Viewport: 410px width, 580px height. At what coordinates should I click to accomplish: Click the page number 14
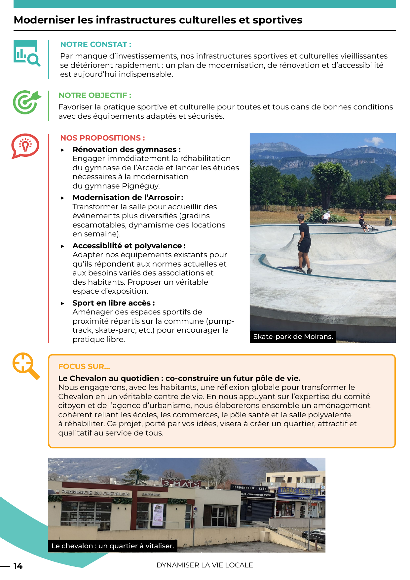coord(18,566)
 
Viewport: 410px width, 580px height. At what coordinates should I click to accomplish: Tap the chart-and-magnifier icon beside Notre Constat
coord(27,53)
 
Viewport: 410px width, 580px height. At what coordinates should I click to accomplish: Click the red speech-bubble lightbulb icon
coord(25,146)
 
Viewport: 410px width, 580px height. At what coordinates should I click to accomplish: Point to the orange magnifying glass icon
coord(26,366)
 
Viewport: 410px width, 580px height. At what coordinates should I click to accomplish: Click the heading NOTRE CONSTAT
coord(95,44)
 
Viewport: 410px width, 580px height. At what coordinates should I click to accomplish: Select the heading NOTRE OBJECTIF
coord(95,95)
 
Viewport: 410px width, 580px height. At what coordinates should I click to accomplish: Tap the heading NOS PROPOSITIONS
coord(102,138)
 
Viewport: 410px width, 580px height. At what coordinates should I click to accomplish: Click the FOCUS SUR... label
coord(84,366)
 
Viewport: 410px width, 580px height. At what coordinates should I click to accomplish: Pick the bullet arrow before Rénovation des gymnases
coord(63,150)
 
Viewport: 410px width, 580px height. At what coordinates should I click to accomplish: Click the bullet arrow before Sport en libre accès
coord(63,303)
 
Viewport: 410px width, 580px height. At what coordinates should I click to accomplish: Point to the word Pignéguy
coord(141,186)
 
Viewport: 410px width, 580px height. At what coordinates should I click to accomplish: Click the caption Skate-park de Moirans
coord(293,337)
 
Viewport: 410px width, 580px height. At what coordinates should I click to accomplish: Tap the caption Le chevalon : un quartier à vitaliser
coord(113,546)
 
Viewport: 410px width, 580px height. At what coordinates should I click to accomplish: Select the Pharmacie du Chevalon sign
coord(95,493)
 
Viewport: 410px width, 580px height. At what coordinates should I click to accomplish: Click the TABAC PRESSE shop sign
coord(298,491)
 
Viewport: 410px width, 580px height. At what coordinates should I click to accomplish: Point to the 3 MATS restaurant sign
coord(182,484)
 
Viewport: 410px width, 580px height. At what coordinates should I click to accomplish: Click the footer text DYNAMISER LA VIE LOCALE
coord(205,565)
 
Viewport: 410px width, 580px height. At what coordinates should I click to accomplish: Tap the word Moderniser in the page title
coord(44,20)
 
